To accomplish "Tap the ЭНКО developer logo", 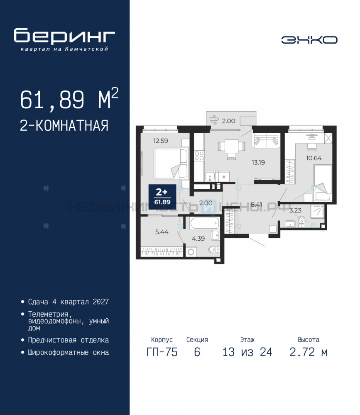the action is (309, 40).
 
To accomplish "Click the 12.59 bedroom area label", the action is (161, 141).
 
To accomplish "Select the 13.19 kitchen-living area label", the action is (258, 163).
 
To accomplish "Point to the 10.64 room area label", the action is (313, 158).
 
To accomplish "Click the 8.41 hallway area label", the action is (256, 204).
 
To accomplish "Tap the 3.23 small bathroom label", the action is (295, 210).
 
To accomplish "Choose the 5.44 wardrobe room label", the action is (162, 232).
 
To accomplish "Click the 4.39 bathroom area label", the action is (198, 239).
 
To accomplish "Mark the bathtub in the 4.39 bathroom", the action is (205, 224).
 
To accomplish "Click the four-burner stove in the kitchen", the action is (199, 156).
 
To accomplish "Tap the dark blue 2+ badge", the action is (162, 197).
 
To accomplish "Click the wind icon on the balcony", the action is (213, 120).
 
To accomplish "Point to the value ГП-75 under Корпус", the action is (162, 352).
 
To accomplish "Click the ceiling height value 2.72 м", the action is (309, 352).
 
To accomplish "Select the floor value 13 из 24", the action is (247, 352).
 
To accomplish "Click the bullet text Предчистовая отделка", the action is (69, 340).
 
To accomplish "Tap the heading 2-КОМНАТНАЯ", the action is (64, 125).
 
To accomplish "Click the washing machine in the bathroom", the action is (191, 251).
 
